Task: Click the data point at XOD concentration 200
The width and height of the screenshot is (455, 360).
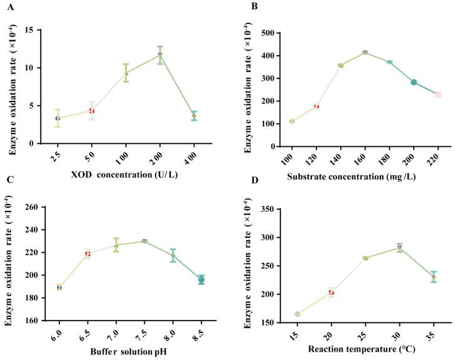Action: point(160,55)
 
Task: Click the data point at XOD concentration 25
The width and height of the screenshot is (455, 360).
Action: point(58,118)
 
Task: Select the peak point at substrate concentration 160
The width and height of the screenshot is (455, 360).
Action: point(365,53)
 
